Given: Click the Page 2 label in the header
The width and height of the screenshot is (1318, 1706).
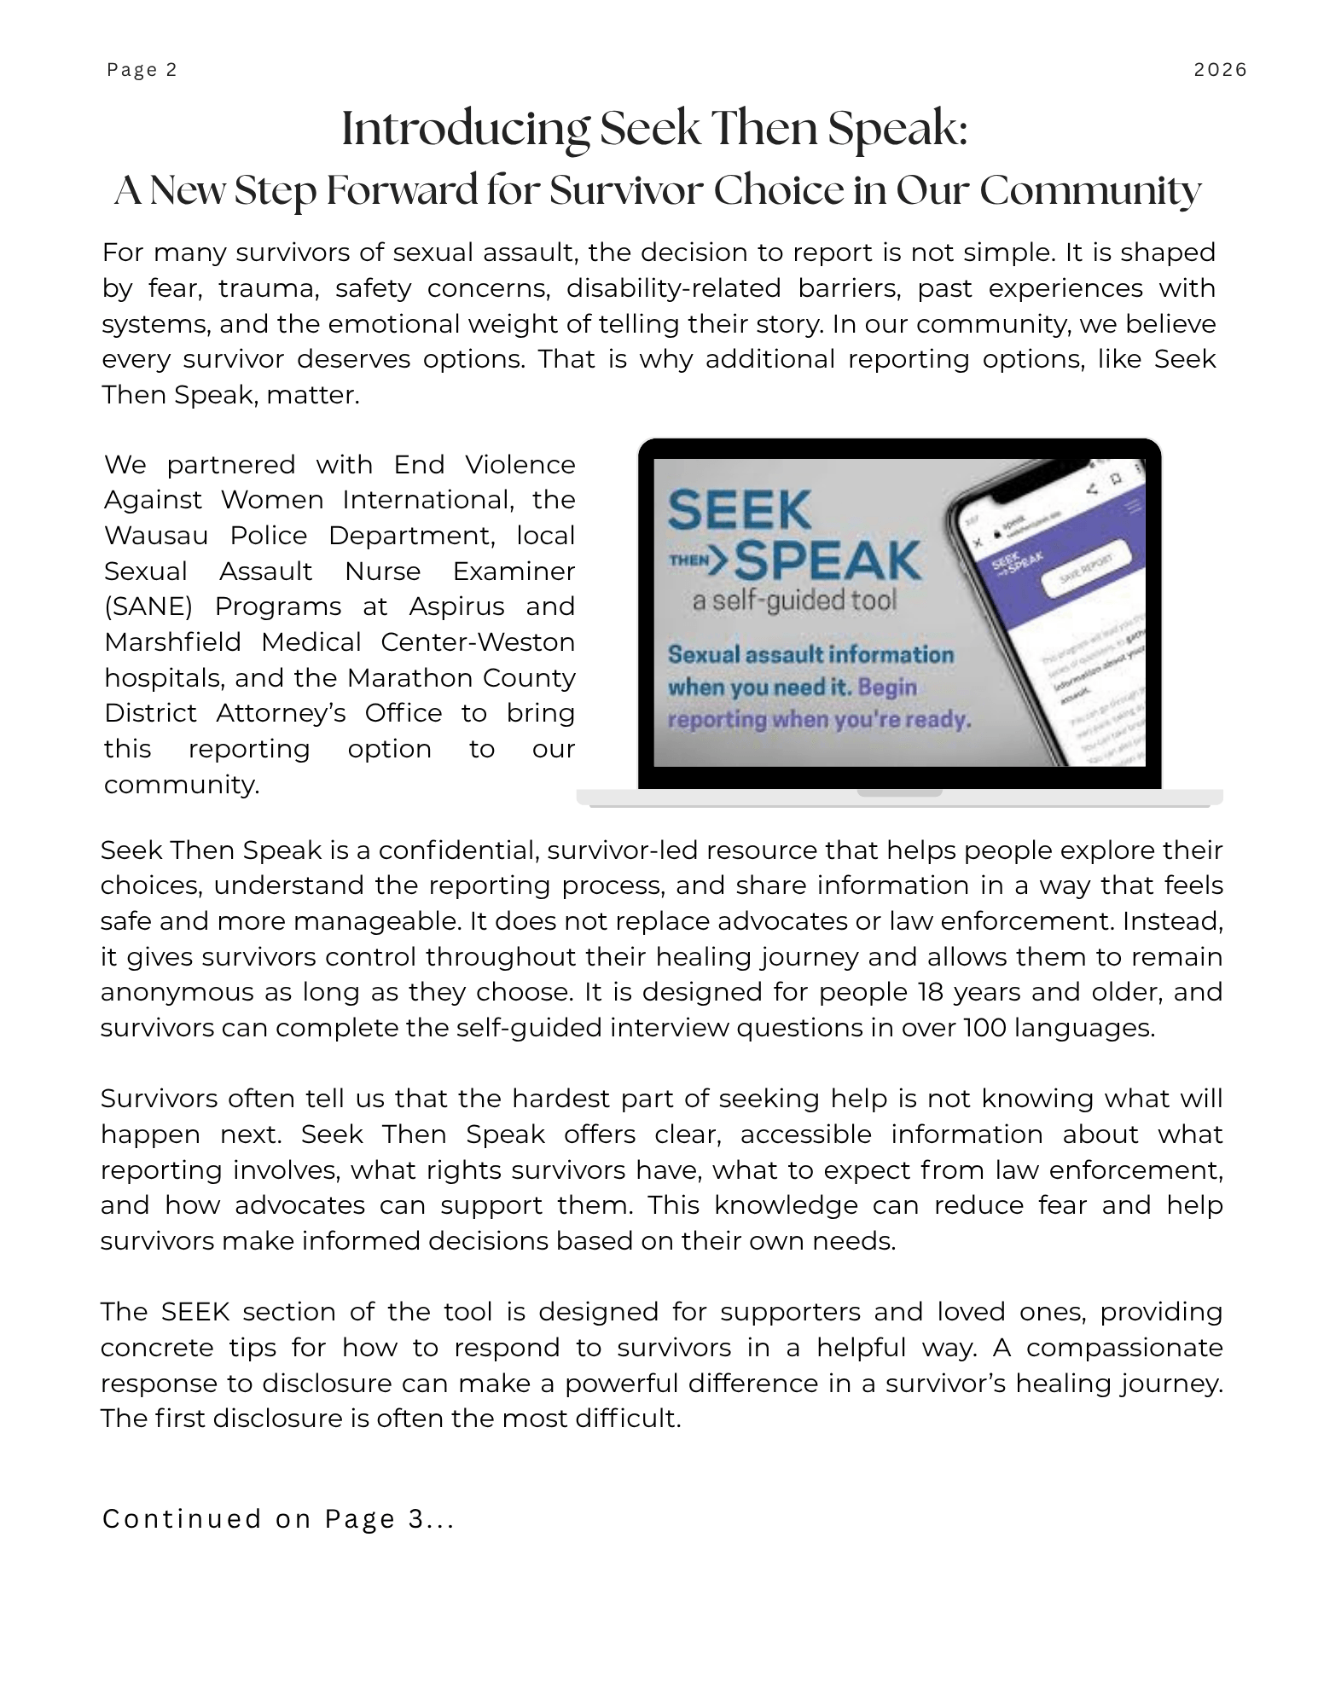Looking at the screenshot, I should coord(142,70).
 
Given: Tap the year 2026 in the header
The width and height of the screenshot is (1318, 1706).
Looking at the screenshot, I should coord(1220,70).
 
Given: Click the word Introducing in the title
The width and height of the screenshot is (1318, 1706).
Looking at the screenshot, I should coord(466,131).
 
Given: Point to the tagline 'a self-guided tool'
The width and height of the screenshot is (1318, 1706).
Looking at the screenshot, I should coord(794,601).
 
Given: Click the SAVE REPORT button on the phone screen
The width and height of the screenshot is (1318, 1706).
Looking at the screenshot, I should coord(1086,571).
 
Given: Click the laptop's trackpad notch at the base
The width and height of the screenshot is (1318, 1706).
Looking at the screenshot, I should coord(899,793).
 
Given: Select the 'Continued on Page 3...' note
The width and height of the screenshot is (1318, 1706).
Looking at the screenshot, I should coord(278,1519).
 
